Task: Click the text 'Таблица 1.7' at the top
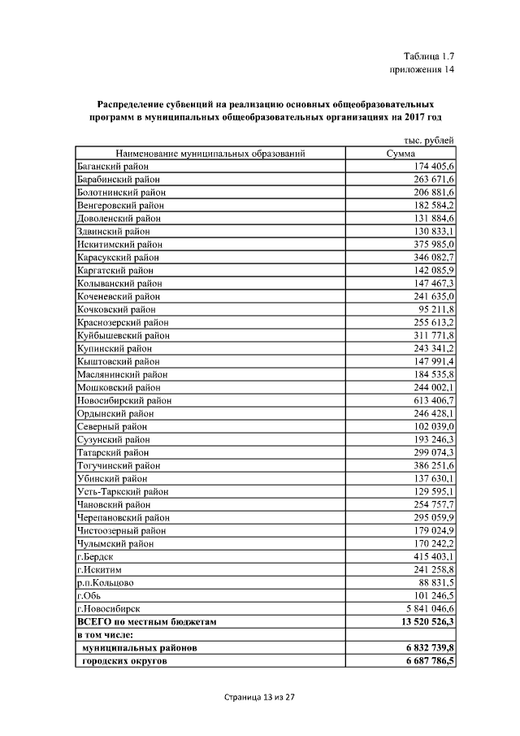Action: coord(428,56)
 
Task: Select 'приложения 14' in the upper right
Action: coord(422,70)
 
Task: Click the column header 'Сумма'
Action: coord(401,153)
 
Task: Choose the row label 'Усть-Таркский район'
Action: coord(123,491)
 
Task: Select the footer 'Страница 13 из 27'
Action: coord(259,698)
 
